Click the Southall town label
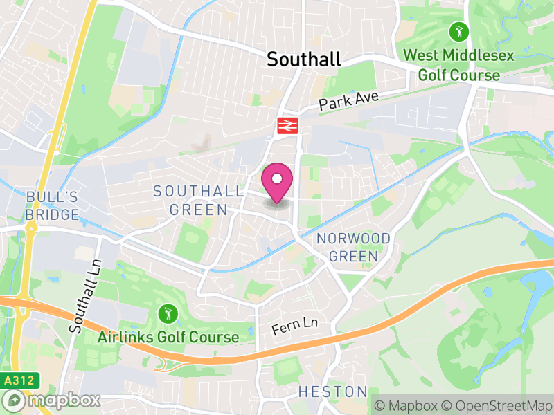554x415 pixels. pos(304,59)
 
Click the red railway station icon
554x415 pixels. pos(287,125)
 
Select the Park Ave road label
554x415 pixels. pos(349,101)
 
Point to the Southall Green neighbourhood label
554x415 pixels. pos(199,200)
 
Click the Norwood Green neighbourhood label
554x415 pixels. pos(353,247)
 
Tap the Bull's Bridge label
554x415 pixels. pos(53,206)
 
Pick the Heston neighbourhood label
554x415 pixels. pos(332,392)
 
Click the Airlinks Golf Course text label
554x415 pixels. pos(168,338)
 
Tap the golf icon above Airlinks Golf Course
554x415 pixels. pos(166,313)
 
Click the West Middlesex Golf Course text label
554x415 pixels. pos(459,64)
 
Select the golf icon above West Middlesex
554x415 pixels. pos(458,31)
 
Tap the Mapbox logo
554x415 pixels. pos(52,400)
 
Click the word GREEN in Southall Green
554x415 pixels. pos(200,210)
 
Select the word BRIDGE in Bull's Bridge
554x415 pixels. pos(53,214)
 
